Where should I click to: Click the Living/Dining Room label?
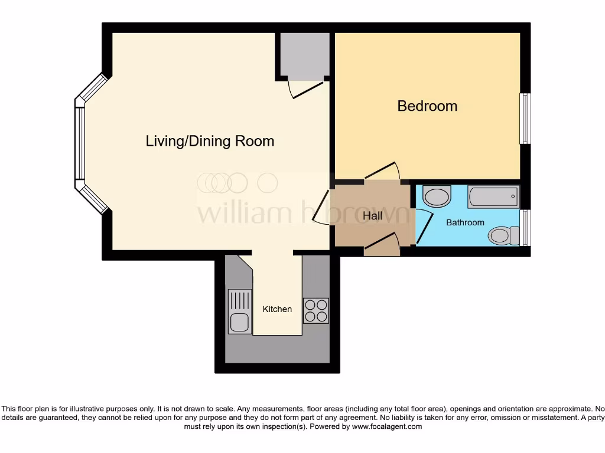(210, 142)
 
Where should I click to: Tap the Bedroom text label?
(427, 106)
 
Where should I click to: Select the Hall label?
(372, 216)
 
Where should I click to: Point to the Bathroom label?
(465, 222)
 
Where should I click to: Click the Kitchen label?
(277, 309)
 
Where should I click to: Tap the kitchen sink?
(239, 312)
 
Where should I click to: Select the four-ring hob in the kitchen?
(315, 311)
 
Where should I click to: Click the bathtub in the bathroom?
(493, 196)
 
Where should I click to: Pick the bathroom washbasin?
(437, 196)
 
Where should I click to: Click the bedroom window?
(525, 119)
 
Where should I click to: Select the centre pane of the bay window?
(79, 143)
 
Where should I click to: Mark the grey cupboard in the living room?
(304, 55)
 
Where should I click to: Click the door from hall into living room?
(321, 208)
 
